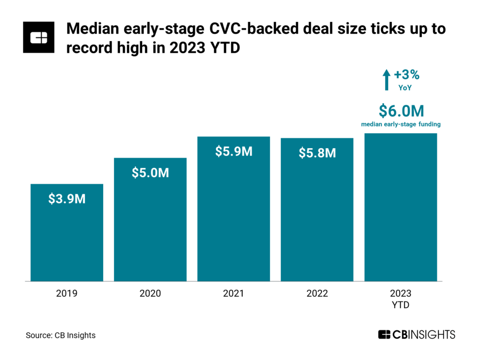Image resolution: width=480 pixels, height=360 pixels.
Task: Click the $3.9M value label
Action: pos(67,199)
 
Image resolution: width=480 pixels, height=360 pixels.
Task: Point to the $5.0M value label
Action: pos(150,172)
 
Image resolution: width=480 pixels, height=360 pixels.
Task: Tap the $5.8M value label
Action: pos(317,153)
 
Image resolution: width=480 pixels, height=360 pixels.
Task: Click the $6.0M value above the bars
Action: pos(401,111)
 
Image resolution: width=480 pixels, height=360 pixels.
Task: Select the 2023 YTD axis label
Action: pos(400,299)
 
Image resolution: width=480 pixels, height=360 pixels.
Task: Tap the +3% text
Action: pos(406,75)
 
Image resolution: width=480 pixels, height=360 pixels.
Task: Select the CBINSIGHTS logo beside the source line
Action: pos(416,335)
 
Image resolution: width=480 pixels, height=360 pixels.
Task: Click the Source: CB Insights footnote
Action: pos(60,335)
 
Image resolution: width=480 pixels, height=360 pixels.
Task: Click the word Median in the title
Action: pos(89,30)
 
